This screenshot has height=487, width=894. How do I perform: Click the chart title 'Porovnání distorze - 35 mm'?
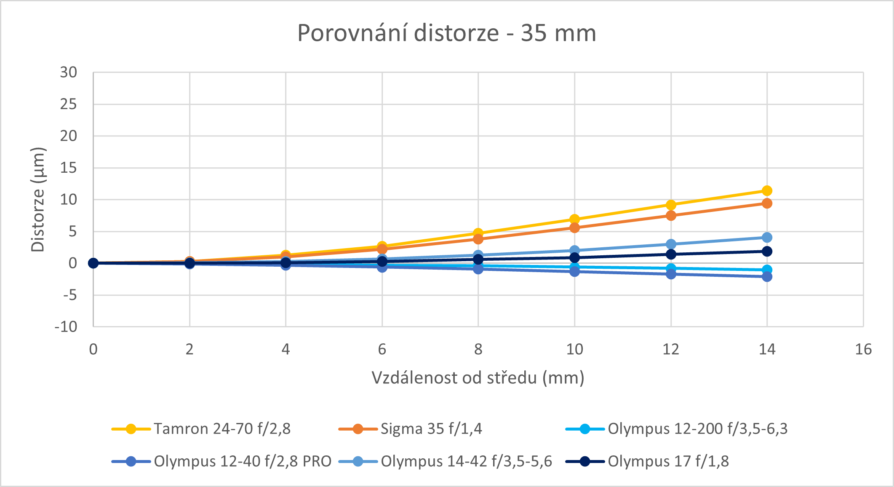(x=447, y=33)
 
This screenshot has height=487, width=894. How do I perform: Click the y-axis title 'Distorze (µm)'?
(x=38, y=200)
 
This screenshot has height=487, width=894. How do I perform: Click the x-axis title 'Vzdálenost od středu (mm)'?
(x=478, y=377)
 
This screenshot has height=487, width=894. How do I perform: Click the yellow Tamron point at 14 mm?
(x=767, y=191)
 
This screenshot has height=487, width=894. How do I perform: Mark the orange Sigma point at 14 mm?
(x=767, y=203)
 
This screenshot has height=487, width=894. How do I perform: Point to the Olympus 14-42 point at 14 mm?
(x=767, y=238)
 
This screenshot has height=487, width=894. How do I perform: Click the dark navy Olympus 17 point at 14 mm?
(x=767, y=252)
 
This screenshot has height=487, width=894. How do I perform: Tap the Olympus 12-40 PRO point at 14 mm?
(x=767, y=277)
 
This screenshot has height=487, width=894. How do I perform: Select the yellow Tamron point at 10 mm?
(x=574, y=219)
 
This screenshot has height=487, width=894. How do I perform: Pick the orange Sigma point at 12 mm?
(x=671, y=216)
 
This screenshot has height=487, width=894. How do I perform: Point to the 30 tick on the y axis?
(x=69, y=72)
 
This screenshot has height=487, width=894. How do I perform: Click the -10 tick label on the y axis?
(x=66, y=327)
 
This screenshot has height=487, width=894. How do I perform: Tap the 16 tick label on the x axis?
(x=863, y=349)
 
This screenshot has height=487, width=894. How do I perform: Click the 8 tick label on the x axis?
(x=478, y=349)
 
